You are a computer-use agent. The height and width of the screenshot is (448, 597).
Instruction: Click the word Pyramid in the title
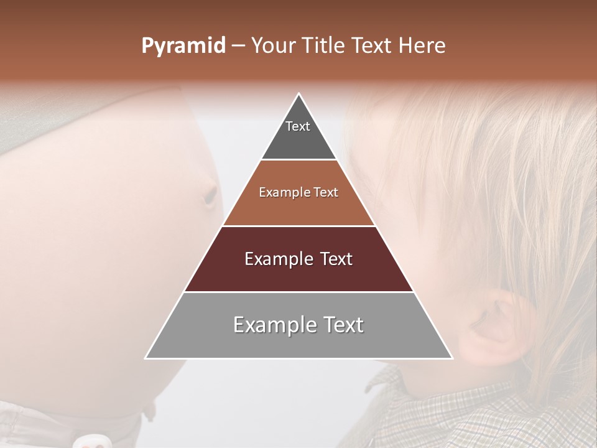pyautogui.click(x=183, y=46)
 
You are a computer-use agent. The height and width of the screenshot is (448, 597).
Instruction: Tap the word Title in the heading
pyautogui.click(x=325, y=46)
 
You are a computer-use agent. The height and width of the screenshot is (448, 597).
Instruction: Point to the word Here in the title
pyautogui.click(x=422, y=46)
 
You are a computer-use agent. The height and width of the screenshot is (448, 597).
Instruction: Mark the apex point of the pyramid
pyautogui.click(x=299, y=94)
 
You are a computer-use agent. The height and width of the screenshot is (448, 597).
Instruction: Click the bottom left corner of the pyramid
pyautogui.click(x=146, y=358)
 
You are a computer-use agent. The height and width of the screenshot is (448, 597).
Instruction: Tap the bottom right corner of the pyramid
pyautogui.click(x=452, y=358)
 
